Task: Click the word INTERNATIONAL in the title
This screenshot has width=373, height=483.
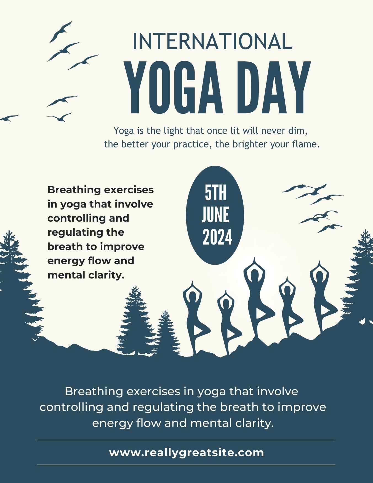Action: (x=212, y=41)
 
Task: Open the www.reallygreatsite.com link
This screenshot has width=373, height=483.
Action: (x=186, y=453)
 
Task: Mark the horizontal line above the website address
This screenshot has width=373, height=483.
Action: (x=186, y=440)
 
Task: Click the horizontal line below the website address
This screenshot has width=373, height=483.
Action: (x=186, y=465)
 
